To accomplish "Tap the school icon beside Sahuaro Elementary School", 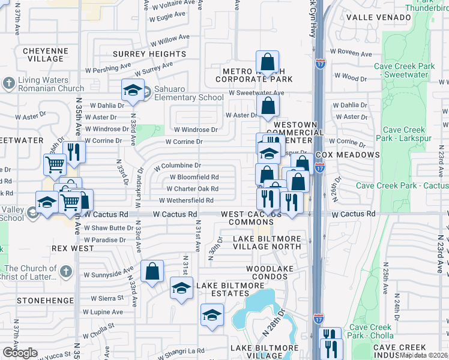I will click(x=133, y=91).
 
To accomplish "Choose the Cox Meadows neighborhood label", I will click(x=348, y=155).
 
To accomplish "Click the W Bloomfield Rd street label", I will click(x=194, y=177).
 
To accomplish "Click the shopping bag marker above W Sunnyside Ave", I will click(x=152, y=271).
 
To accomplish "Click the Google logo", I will click(x=20, y=353).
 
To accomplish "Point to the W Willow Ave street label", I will click(x=170, y=40).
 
